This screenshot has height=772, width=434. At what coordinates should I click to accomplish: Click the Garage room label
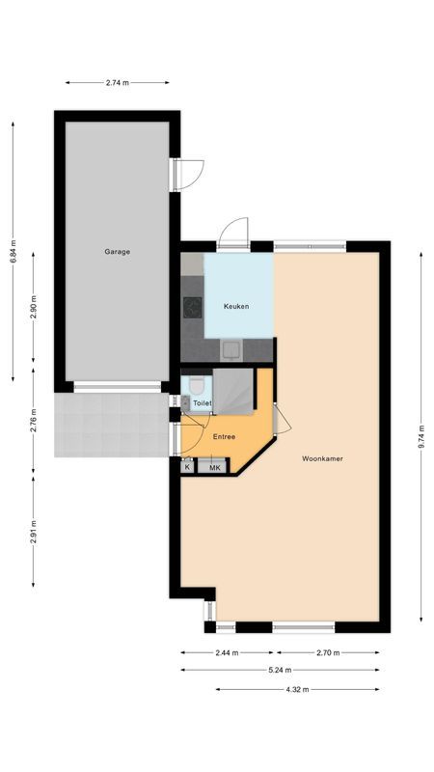coord(118,252)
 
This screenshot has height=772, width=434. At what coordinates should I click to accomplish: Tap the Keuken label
coord(236,307)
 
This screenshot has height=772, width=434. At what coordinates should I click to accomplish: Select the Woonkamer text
coord(321,457)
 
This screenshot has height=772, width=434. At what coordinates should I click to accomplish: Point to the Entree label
coord(224,437)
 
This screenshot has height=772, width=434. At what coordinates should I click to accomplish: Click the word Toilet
coord(202,403)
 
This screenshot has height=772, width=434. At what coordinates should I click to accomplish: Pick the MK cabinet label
coord(215,467)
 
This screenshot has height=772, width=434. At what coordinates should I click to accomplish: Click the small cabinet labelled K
coord(187,467)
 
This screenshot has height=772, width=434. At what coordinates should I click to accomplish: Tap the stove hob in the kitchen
coord(192,309)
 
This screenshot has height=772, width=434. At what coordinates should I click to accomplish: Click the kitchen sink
coord(231,350)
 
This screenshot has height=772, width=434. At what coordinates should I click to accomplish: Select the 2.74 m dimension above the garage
coord(118,83)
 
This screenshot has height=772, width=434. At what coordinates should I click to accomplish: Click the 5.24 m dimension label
coord(280,671)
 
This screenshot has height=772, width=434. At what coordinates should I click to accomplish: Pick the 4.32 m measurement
coord(297,689)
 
